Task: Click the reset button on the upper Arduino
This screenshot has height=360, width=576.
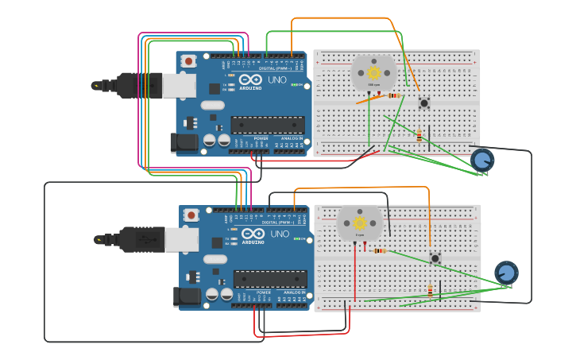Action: click(x=188, y=61)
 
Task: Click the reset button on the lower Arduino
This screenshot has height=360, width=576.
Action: click(x=191, y=215)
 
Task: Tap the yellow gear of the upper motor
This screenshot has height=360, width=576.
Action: click(x=373, y=72)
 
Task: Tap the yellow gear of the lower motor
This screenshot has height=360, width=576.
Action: click(x=360, y=223)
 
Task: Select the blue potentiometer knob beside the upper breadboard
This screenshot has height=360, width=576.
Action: click(x=482, y=160)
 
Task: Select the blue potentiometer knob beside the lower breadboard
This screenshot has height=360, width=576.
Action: click(x=506, y=273)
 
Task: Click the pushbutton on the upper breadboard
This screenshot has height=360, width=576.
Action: click(x=423, y=103)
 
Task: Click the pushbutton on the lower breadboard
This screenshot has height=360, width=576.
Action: click(x=435, y=257)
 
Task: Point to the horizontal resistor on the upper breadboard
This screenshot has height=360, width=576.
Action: click(x=393, y=96)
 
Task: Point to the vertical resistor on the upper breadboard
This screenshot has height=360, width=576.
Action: click(x=419, y=136)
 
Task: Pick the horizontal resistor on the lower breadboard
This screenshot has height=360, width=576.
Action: click(x=380, y=250)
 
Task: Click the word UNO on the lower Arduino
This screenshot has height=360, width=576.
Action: click(x=280, y=234)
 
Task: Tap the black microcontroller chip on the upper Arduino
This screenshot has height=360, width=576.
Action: click(x=268, y=125)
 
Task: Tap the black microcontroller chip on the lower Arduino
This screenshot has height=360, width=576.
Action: click(x=270, y=279)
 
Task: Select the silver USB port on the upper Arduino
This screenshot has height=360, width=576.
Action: click(x=179, y=85)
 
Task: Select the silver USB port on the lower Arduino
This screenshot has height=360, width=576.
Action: click(x=181, y=238)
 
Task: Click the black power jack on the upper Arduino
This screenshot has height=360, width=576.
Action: click(x=184, y=143)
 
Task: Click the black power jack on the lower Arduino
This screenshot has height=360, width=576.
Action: click(x=187, y=297)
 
